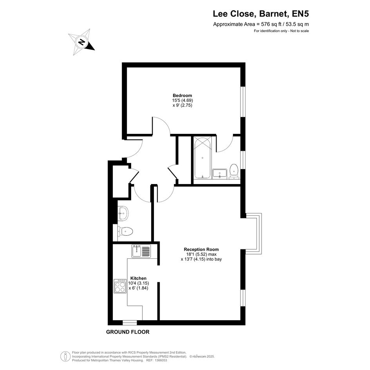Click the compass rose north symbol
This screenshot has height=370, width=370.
tap(82, 42)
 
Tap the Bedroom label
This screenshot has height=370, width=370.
tap(182, 96)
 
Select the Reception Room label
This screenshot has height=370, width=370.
tap(201, 249)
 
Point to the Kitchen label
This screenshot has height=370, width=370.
tap(139, 278)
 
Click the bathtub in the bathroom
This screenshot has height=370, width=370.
tap(202, 158)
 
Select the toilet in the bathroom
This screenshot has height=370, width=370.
tap(234, 171)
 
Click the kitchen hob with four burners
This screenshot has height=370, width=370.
tap(120, 286)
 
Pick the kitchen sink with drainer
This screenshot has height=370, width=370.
tap(141, 251)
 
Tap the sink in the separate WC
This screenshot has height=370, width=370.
tap(123, 213)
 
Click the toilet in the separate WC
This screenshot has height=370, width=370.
tap(125, 231)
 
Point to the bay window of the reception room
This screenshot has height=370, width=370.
tap(254, 234)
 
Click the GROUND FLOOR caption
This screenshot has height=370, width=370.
tap(128, 332)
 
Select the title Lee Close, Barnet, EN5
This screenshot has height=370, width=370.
tap(261, 14)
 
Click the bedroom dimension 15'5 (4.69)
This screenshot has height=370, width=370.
tap(182, 100)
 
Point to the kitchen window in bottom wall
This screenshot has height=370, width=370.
tap(130, 323)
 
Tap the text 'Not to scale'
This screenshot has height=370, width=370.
tap(300, 31)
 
